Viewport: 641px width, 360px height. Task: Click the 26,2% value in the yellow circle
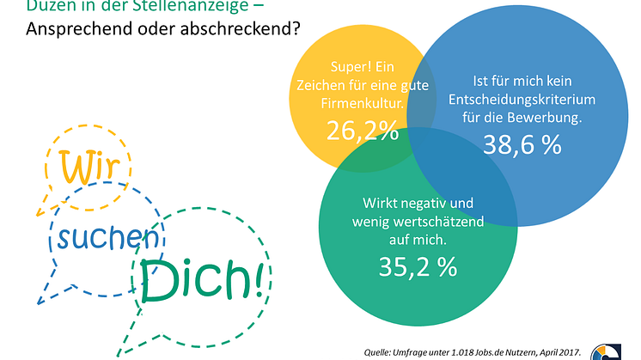tap(363, 131)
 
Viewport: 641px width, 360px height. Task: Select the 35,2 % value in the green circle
tap(418, 266)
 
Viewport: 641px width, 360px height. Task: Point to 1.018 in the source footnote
tap(472, 352)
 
